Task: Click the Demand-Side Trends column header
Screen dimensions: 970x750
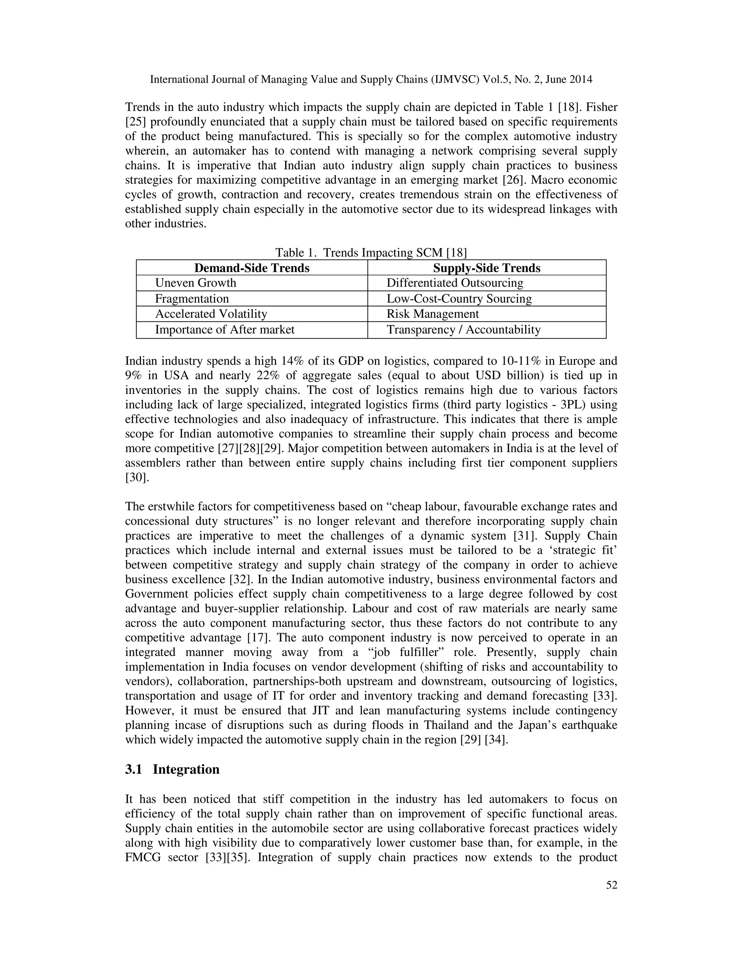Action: click(252, 268)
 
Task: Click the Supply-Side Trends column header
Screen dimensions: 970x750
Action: click(487, 268)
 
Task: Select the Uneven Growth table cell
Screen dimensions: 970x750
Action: click(196, 283)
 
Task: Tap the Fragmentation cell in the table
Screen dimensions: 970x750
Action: click(192, 298)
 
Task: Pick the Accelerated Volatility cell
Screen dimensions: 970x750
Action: click(211, 314)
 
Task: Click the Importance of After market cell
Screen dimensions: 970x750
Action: click(225, 329)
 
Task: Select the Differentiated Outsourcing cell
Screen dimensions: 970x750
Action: click(455, 283)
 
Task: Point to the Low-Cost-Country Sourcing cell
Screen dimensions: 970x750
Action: click(459, 298)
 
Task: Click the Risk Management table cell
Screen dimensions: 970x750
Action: click(433, 314)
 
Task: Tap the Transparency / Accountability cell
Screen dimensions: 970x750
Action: click(463, 329)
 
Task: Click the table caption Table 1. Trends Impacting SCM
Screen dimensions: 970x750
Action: click(371, 253)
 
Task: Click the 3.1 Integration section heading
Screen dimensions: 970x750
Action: click(172, 769)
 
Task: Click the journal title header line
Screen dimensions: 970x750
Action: click(371, 79)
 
